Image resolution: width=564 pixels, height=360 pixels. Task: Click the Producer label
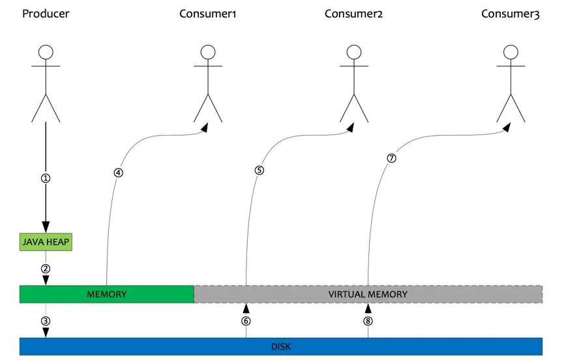[x=46, y=14]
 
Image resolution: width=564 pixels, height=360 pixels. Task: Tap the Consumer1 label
[x=207, y=14]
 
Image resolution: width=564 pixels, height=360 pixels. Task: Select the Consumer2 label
[x=353, y=14]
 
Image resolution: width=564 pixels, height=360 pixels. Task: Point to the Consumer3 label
[x=511, y=14]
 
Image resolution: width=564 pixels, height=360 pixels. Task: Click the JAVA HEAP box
[x=46, y=243]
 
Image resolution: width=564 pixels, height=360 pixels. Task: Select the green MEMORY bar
[x=107, y=294]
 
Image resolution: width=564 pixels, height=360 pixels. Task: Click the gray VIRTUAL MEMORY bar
[x=368, y=294]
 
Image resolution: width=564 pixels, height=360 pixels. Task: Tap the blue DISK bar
[x=281, y=346]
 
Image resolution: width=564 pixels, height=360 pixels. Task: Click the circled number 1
[x=46, y=178]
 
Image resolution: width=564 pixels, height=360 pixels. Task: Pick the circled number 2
[x=46, y=268]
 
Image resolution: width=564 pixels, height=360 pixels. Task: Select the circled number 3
[x=46, y=320]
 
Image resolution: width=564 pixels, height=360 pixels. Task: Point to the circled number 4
[x=118, y=173]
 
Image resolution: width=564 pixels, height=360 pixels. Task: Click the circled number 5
[x=259, y=171]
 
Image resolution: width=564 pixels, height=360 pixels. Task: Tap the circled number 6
[x=246, y=320]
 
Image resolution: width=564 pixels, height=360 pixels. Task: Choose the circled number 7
[x=391, y=158]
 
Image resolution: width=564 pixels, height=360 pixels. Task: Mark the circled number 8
[x=368, y=320]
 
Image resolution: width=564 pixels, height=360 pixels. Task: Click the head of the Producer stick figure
[x=46, y=52]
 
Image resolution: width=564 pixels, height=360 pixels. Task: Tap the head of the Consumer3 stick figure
[x=511, y=52]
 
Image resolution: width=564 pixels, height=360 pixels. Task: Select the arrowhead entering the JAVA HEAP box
[x=46, y=228]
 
